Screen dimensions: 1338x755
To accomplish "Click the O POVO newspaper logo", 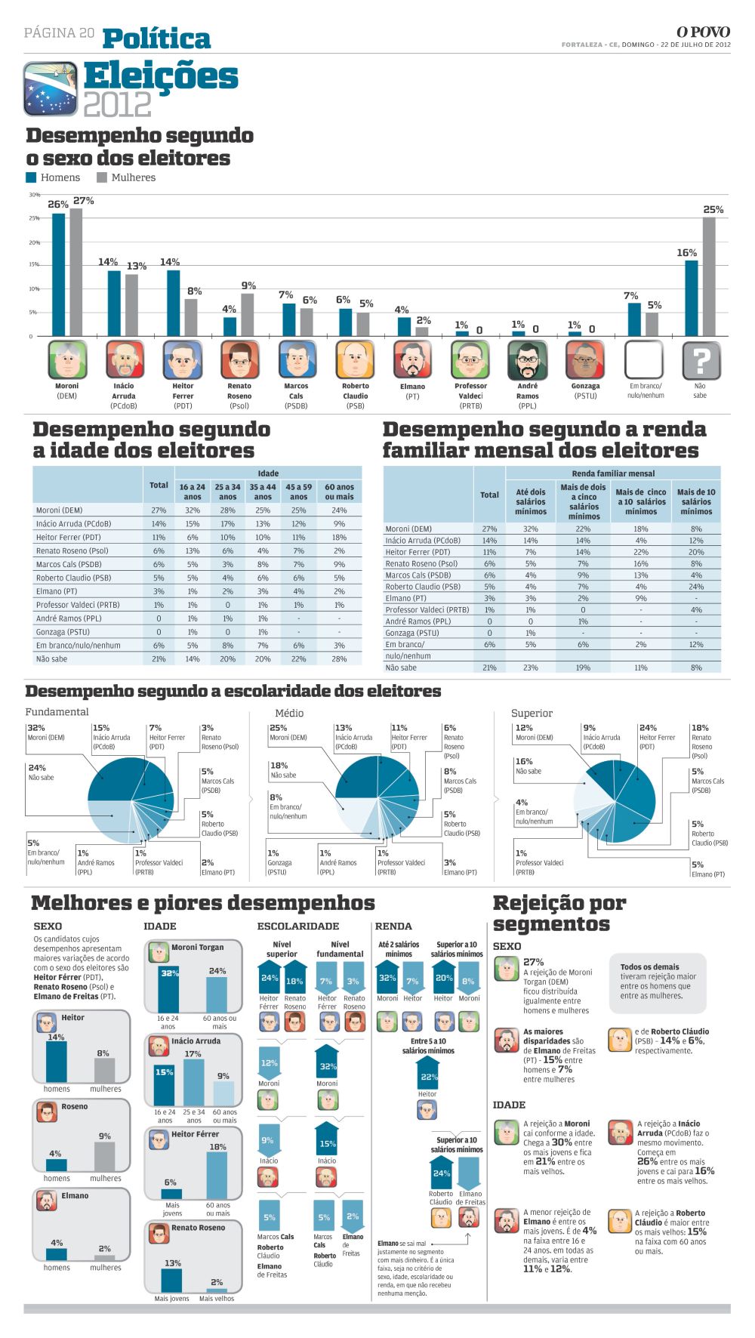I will click(x=702, y=32).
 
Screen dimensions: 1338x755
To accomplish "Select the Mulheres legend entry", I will click(x=126, y=177).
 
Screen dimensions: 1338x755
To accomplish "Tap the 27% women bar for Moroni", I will click(x=75, y=272).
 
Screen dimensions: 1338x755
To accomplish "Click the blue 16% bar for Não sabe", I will click(x=691, y=298).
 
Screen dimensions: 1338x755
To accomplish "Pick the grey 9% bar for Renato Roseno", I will click(x=248, y=315).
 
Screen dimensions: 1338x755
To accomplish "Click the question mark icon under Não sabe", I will click(x=701, y=359).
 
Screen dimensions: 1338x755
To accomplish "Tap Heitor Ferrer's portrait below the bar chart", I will click(x=183, y=359).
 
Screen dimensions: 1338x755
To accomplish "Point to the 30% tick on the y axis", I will click(x=34, y=195).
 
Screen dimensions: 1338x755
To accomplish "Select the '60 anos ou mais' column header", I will click(x=339, y=492).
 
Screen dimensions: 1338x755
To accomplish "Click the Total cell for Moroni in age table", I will click(x=159, y=510).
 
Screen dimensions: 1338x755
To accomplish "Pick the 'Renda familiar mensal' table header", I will click(x=613, y=473).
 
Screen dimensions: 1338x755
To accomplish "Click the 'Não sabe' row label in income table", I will click(x=401, y=667).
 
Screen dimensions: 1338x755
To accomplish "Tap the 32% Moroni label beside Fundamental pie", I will click(x=36, y=728).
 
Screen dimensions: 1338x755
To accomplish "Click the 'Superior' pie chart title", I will click(x=532, y=713).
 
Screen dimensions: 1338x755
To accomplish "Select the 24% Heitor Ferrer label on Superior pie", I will click(x=648, y=728).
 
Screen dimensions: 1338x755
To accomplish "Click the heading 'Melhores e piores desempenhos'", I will click(x=202, y=903).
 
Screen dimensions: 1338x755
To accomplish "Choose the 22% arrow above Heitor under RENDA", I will click(x=428, y=1074).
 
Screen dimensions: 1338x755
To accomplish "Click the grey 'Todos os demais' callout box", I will click(x=658, y=982).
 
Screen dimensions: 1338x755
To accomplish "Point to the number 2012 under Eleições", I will click(x=117, y=104).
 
